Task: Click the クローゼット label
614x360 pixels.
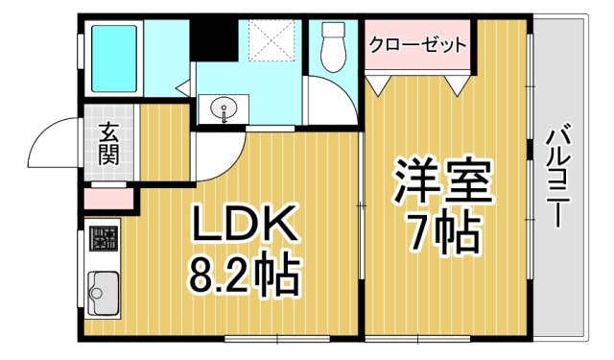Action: [418, 44]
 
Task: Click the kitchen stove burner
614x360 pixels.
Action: [104, 238]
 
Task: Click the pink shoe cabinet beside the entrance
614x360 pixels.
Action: [108, 200]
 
